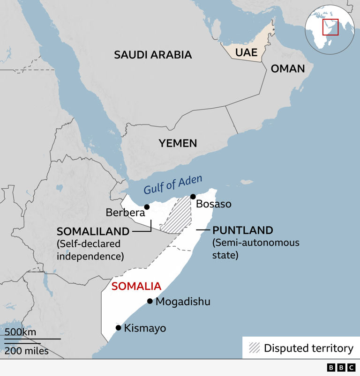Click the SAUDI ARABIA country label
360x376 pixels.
point(153,55)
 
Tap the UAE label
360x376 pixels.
point(246,52)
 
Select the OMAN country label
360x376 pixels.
point(288,69)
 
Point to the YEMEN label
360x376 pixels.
point(177,143)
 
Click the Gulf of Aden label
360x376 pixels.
point(173,184)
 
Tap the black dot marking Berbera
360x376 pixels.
point(147,206)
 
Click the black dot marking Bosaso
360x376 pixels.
point(193,197)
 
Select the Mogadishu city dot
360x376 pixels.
point(150,301)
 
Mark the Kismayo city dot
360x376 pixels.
point(118,328)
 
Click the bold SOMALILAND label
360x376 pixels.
point(93,231)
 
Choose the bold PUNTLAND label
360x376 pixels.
point(242,230)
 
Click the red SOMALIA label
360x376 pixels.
point(136,286)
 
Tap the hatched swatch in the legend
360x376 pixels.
point(255,348)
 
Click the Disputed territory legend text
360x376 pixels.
point(308,348)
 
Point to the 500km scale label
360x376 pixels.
point(21,332)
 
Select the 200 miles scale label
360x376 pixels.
point(27,351)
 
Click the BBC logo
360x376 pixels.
point(341,368)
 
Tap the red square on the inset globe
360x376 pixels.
point(330,27)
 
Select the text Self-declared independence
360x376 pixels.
point(90,250)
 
